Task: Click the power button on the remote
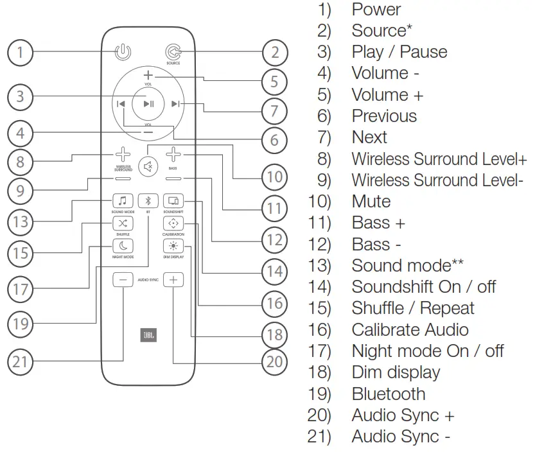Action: point(122,53)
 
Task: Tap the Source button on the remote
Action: point(173,53)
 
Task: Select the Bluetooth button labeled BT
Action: point(148,201)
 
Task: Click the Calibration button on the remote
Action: point(173,223)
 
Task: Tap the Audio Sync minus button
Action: point(122,280)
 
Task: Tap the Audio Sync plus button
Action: point(173,280)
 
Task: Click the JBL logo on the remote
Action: point(148,335)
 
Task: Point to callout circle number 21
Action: point(21,361)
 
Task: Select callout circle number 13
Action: point(21,222)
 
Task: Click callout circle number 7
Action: point(274,110)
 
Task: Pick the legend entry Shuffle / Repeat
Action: point(412,308)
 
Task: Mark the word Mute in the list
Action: point(371,202)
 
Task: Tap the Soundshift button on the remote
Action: point(173,201)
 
